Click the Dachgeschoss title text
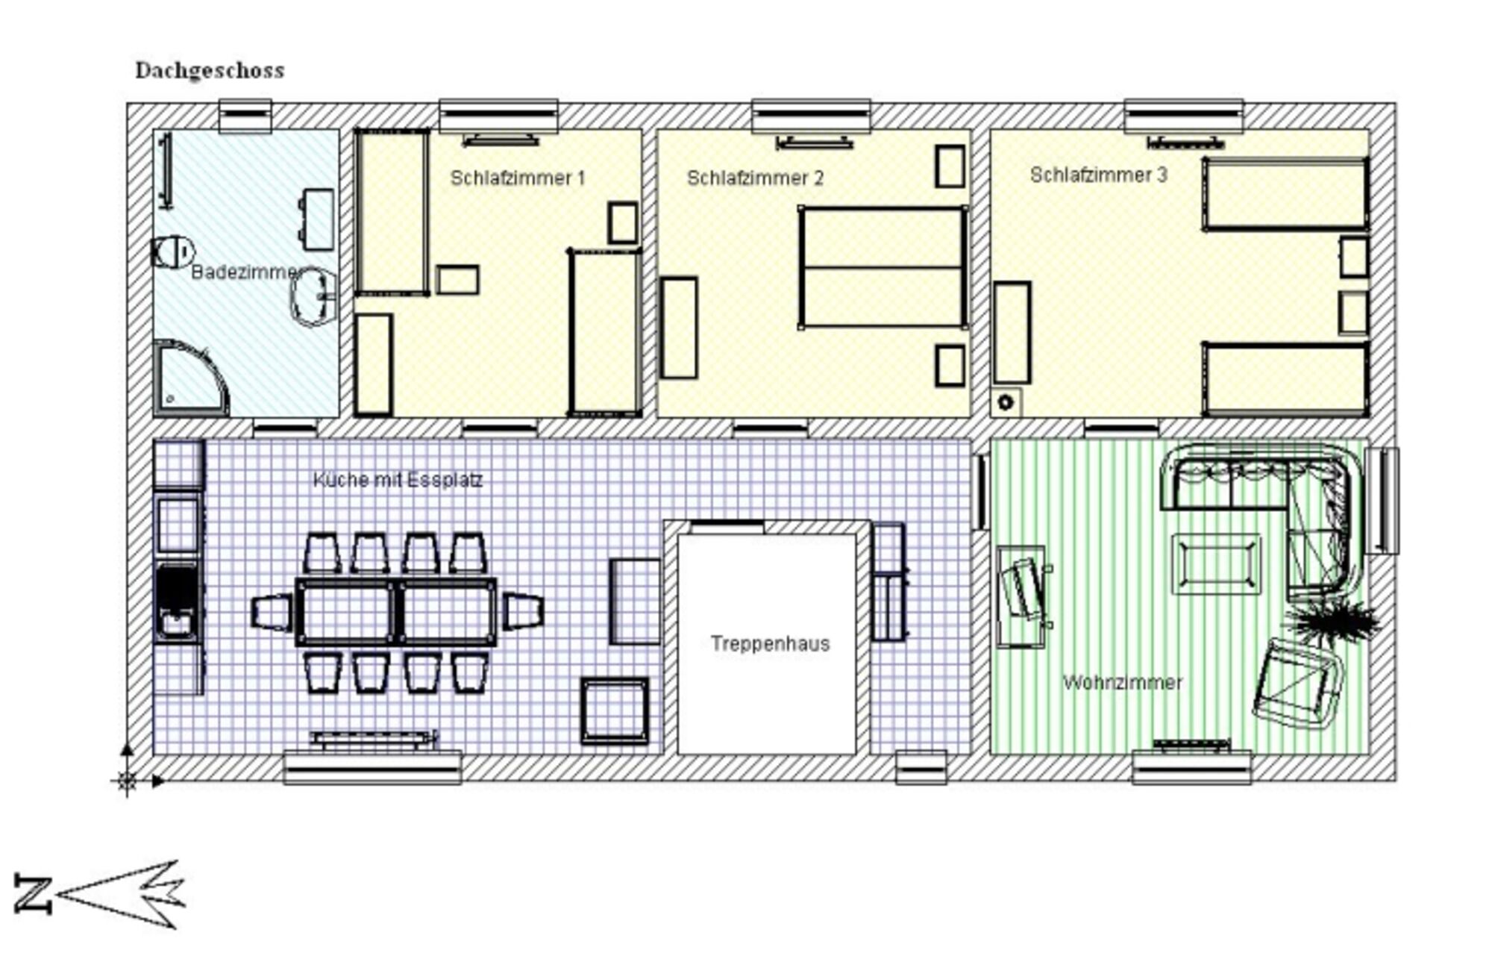210,71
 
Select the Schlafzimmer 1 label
518,178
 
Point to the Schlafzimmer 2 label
755,178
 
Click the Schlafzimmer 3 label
1098,175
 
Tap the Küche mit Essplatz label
398,479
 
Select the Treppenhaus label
770,643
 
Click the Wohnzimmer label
1122,682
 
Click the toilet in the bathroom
173,252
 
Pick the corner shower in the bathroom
190,378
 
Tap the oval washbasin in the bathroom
314,296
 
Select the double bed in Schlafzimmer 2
883,267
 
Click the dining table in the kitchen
396,612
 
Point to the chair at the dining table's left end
272,612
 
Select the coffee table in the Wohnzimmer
1216,564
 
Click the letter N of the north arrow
33,894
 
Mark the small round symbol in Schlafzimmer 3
1006,403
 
